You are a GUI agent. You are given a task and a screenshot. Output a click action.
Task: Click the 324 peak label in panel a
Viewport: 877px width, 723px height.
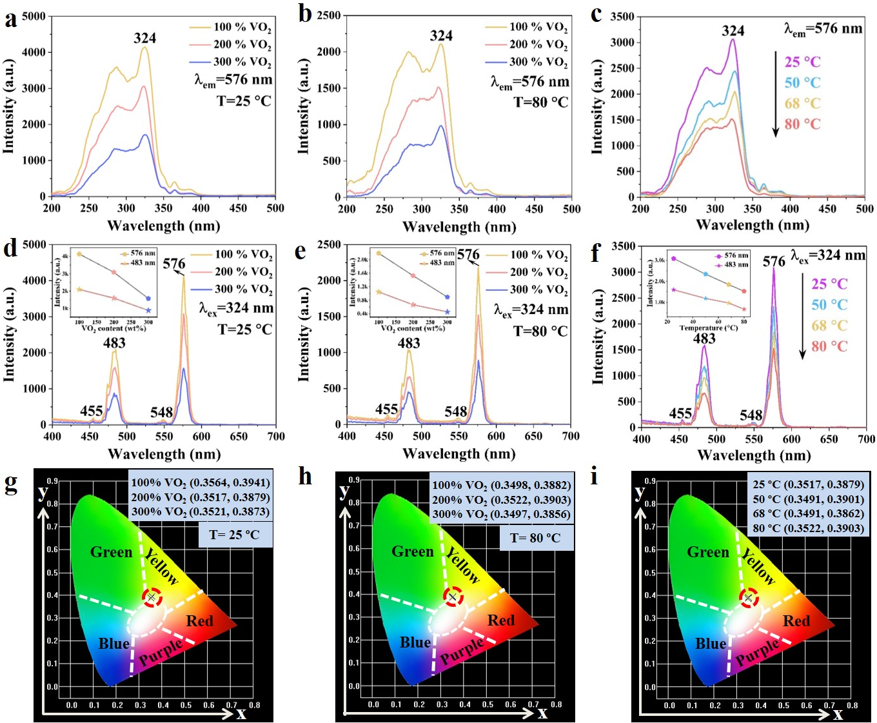coord(145,38)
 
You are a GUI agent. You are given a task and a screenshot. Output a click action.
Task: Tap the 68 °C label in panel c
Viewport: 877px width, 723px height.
coord(802,103)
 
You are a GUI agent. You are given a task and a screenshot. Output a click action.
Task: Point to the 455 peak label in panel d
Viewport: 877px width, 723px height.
coord(92,411)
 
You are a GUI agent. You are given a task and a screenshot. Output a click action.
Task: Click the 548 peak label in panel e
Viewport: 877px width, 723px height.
coord(456,411)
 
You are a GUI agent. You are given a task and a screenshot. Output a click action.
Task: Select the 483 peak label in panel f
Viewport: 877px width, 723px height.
coord(704,339)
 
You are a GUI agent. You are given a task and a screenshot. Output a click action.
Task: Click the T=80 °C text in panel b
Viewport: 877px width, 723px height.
coord(540,103)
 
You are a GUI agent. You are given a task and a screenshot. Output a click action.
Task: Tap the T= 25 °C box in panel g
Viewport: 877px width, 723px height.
coord(235,535)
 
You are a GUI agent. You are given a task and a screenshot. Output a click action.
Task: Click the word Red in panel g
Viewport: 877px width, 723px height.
coord(199,621)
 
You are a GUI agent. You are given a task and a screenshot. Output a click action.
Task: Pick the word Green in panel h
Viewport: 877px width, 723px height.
coord(413,551)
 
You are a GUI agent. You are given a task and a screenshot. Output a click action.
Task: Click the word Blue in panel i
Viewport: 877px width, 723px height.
coord(711,644)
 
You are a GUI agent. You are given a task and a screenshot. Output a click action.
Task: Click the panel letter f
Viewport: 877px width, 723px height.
coord(595,253)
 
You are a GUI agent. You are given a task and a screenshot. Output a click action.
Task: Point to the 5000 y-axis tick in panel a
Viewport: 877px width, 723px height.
coord(34,16)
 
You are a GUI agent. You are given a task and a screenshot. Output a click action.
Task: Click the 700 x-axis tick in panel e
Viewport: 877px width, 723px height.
coord(571,437)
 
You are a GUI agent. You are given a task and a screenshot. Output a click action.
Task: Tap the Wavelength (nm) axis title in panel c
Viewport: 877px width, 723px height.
coord(753,225)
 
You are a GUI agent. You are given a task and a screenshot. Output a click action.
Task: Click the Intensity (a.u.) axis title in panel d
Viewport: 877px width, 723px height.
coord(9,335)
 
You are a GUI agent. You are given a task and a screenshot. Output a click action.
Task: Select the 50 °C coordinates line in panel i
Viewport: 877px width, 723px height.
coord(808,499)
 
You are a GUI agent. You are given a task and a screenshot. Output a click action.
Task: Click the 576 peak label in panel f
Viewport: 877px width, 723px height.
coord(774,261)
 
